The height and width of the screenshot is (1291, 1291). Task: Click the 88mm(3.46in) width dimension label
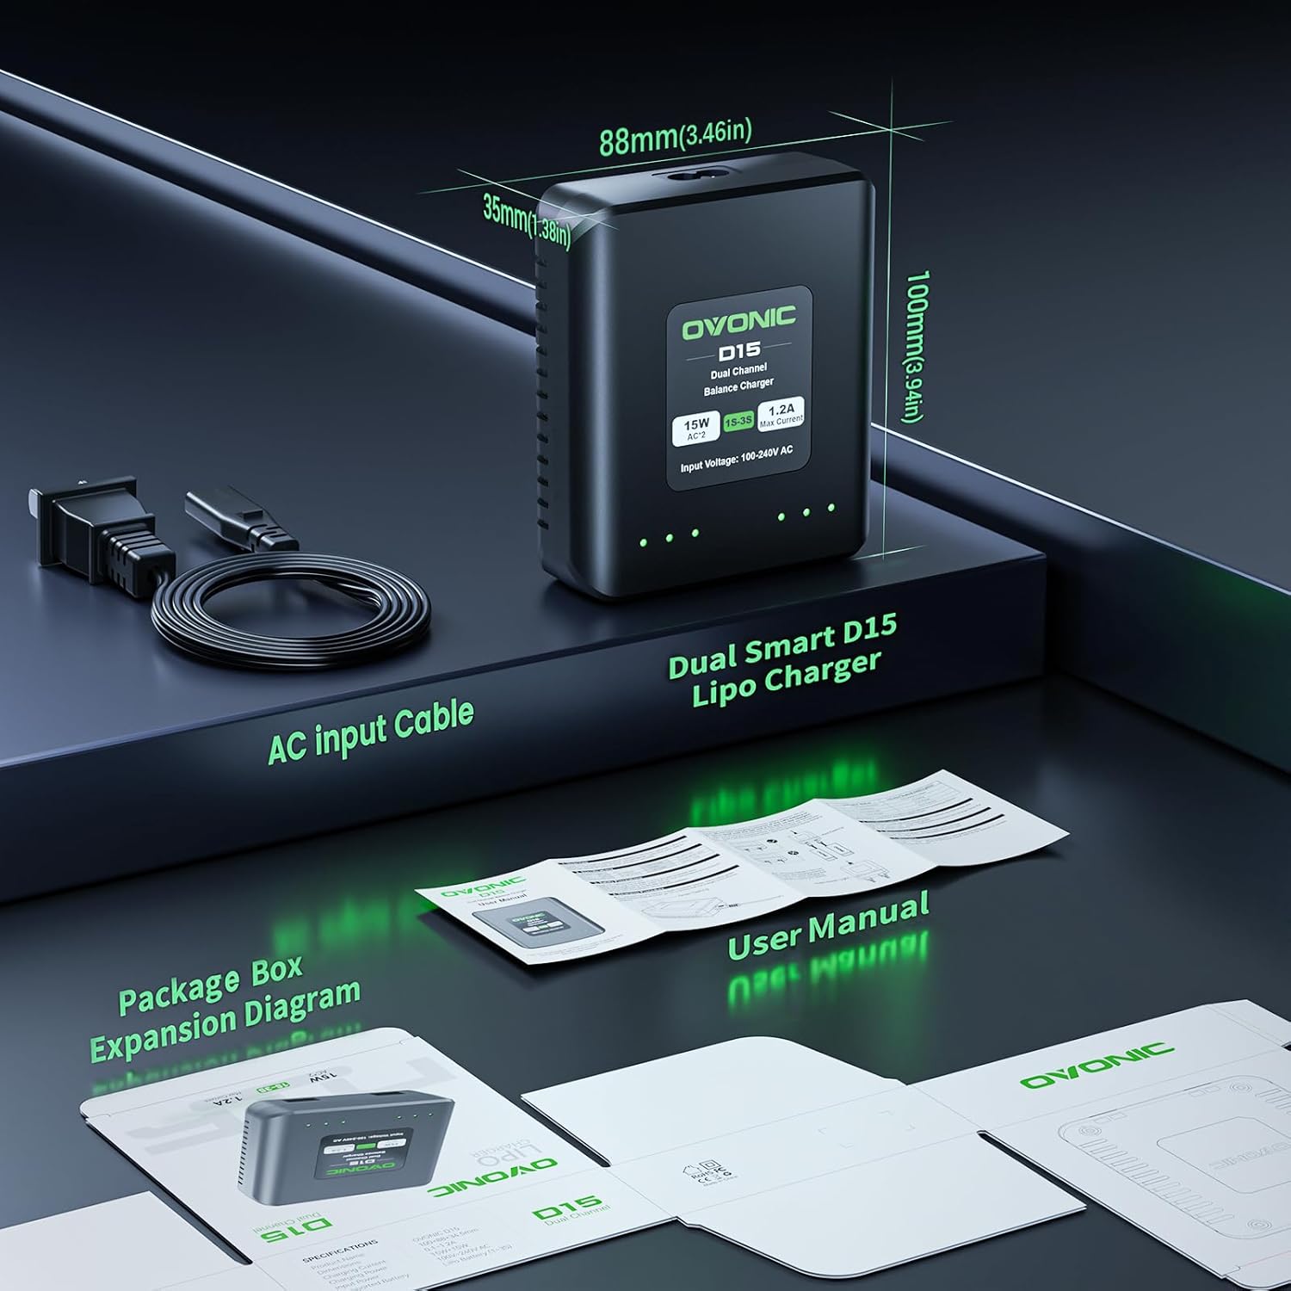[x=675, y=137]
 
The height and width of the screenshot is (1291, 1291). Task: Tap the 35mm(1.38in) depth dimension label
[x=526, y=220]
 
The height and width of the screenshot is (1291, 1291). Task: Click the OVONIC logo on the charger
[x=738, y=325]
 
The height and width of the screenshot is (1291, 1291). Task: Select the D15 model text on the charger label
[x=738, y=351]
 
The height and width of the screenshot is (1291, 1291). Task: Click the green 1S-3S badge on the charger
[x=738, y=422]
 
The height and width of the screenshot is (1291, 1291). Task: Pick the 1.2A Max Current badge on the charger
[x=781, y=412]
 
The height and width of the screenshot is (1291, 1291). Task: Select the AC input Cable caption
[x=370, y=732]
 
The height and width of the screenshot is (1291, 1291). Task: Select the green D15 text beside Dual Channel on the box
[x=566, y=1209]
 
